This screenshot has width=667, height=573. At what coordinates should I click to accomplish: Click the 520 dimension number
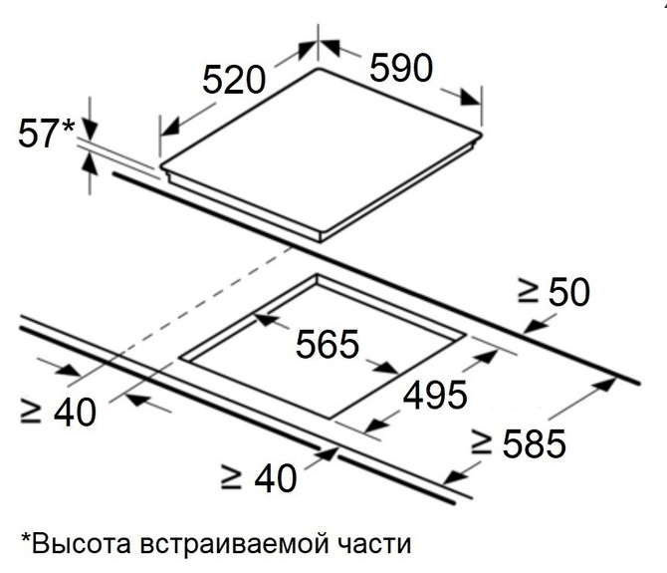(x=234, y=79)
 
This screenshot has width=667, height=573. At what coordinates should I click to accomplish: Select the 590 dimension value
(x=401, y=67)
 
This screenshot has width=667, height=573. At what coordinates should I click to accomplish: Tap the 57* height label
(x=47, y=134)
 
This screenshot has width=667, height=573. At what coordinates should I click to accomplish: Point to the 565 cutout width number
(x=328, y=344)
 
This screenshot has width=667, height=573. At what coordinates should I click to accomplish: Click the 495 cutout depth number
(x=435, y=395)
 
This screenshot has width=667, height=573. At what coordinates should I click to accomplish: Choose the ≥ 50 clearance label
(x=554, y=292)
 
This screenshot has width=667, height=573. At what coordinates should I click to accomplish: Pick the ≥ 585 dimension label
(x=519, y=443)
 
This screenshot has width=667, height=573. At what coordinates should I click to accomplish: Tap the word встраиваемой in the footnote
(x=234, y=544)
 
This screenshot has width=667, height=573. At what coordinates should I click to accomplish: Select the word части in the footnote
(x=375, y=544)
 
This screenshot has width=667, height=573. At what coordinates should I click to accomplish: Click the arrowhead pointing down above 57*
(x=90, y=129)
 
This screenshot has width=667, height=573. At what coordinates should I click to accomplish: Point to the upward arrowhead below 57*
(x=90, y=163)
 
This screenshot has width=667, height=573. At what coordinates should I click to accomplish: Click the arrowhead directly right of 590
(x=470, y=98)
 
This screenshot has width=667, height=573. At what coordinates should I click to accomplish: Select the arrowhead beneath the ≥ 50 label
(x=534, y=326)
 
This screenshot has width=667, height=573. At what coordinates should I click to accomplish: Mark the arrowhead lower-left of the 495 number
(x=377, y=424)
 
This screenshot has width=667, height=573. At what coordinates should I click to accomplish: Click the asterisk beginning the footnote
(x=26, y=537)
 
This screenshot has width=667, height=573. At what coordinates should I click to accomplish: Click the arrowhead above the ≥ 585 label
(x=605, y=385)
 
